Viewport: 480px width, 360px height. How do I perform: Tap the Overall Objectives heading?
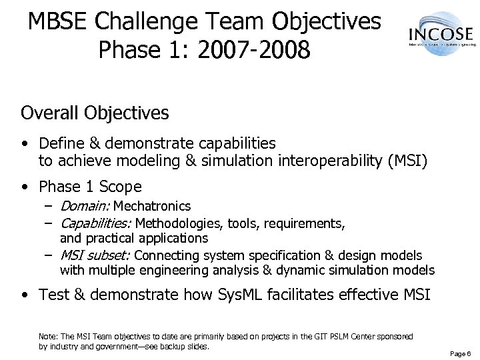tap(95, 113)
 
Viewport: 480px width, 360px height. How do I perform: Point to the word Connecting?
tap(165, 255)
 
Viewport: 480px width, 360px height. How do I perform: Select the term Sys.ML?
tap(241, 295)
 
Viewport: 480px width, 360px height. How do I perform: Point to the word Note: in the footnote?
tap(49, 337)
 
